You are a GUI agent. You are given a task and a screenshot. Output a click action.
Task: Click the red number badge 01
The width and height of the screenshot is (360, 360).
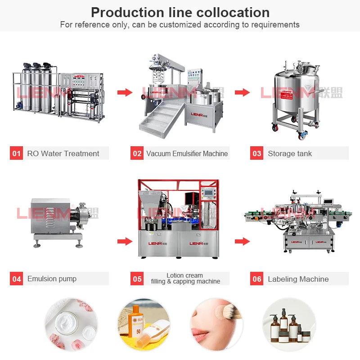[17, 153]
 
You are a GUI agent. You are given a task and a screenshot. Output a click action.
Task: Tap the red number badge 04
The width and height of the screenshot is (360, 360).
[17, 279]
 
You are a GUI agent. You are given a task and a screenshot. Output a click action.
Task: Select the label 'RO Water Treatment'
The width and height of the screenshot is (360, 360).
[63, 153]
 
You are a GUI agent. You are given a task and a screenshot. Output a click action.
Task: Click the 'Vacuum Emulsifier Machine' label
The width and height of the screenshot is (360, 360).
[187, 153]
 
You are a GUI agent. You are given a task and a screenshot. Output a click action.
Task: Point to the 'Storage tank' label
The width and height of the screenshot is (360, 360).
[290, 153]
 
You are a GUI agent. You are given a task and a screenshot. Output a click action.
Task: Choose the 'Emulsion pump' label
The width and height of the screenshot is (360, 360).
[52, 279]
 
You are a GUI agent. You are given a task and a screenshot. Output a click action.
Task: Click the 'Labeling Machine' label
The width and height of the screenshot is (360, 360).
[298, 279]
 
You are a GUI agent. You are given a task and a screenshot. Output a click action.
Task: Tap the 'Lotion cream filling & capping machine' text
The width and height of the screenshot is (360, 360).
[185, 279]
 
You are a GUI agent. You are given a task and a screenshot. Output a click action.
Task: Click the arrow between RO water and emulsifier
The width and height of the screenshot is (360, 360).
[125, 92]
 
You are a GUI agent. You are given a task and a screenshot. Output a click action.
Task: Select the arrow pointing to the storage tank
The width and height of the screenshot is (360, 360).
[242, 92]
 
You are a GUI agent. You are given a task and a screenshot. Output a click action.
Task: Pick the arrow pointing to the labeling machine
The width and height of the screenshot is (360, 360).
[242, 242]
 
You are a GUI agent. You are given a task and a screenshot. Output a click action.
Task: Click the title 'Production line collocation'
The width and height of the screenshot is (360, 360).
[180, 12]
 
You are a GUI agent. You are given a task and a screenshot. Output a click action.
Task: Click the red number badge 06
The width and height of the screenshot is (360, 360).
[257, 279]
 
